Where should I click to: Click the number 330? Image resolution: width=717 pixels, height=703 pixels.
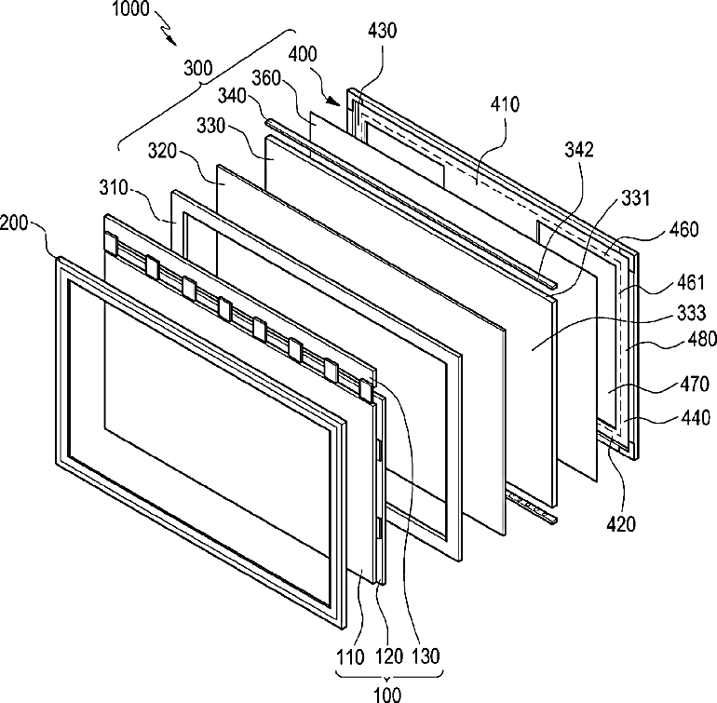pos(212,124)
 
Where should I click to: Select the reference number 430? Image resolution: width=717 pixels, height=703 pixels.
pos(382,30)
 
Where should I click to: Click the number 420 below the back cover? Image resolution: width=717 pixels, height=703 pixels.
pos(622,525)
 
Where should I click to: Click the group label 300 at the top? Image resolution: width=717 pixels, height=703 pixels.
pos(197,68)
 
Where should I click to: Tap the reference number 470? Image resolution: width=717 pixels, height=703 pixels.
pos(689,383)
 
